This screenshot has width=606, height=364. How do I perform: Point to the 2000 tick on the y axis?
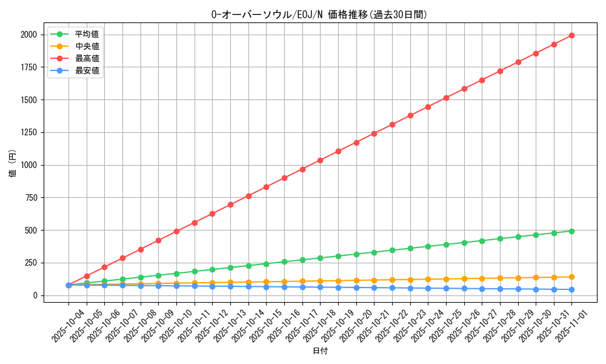(x=28, y=35)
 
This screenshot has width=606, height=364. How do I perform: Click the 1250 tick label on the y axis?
(x=28, y=132)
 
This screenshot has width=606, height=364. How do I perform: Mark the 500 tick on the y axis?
(x=30, y=231)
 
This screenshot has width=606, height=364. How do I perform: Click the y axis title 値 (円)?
(x=12, y=164)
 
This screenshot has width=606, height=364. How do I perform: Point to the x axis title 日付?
(x=320, y=351)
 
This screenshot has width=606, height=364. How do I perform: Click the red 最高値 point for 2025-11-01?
(x=571, y=35)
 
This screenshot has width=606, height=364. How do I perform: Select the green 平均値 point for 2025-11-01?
(x=571, y=231)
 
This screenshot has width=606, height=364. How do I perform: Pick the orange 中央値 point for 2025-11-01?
(x=571, y=277)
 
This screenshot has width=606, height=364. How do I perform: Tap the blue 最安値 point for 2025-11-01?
(x=571, y=289)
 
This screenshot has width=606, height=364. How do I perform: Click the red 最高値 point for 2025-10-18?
(x=320, y=160)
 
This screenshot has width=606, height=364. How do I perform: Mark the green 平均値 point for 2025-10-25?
(x=446, y=244)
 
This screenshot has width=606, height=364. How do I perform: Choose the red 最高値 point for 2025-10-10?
(x=176, y=231)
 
